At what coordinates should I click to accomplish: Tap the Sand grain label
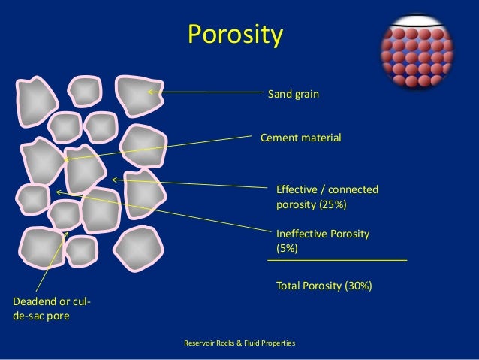pos(294,95)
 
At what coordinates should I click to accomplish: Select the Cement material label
pos(300,138)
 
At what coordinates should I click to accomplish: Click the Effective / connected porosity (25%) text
pos(327,197)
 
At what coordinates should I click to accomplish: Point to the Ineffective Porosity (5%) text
pos(323,241)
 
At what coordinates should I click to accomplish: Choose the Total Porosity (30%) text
pos(324,286)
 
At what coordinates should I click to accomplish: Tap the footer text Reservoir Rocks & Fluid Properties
pos(239,343)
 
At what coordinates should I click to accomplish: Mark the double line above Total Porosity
pos(337,259)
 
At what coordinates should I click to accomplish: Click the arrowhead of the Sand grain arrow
pos(149,92)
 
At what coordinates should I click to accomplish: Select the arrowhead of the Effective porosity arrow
pos(114,180)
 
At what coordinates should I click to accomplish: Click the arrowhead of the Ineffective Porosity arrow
pos(59,192)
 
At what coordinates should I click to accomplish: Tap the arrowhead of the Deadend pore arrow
pos(67,234)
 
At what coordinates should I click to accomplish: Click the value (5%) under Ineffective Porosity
pos(288,249)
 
